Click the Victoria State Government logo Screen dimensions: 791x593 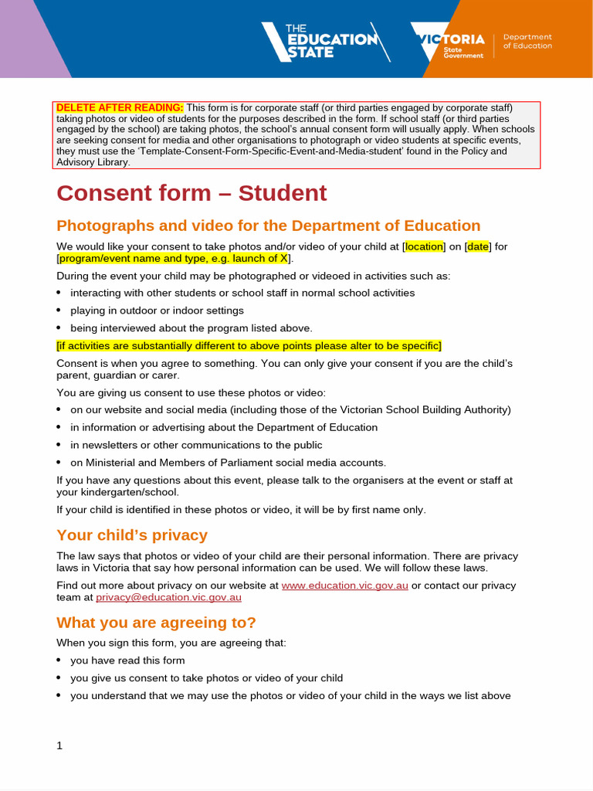click(x=449, y=43)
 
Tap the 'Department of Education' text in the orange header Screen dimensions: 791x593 click(x=527, y=42)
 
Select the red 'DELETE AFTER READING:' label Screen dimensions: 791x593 click(x=120, y=107)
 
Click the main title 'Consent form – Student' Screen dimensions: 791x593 click(x=191, y=193)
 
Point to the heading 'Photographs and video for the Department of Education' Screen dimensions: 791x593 click(x=268, y=226)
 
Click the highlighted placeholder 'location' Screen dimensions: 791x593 click(x=424, y=246)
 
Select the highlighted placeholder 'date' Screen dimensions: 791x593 click(x=478, y=246)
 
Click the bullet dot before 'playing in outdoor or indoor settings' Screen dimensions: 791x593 click(x=59, y=311)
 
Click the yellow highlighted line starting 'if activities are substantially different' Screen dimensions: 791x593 click(x=249, y=345)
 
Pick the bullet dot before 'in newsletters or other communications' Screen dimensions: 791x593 click(x=59, y=445)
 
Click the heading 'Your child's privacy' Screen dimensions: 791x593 click(x=132, y=535)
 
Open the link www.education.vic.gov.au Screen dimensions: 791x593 click(x=344, y=586)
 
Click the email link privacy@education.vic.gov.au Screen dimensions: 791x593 click(x=168, y=597)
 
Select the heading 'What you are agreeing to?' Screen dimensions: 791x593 click(x=156, y=623)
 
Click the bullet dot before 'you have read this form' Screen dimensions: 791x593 click(x=59, y=660)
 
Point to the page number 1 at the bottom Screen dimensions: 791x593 click(x=59, y=745)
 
